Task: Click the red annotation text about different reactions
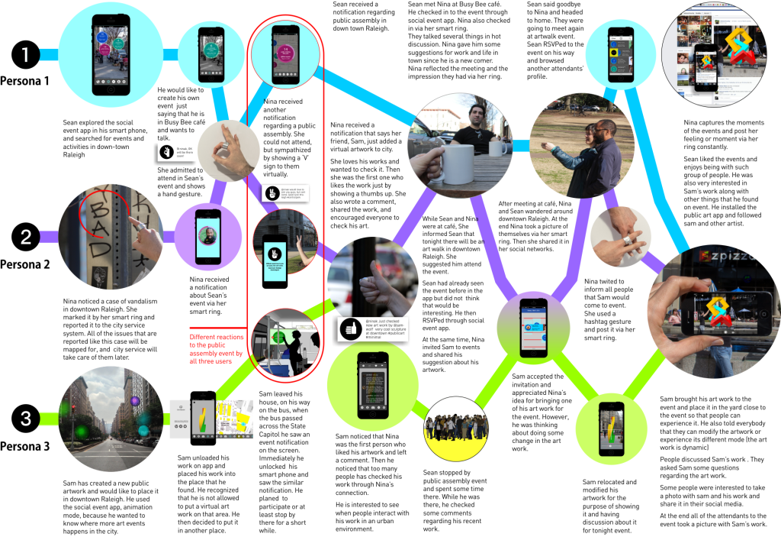coord(216,348)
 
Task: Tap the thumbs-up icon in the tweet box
coord(350,329)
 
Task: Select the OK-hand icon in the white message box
coord(165,153)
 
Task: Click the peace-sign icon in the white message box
coord(272,193)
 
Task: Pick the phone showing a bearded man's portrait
coord(207,236)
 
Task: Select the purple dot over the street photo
coord(135,401)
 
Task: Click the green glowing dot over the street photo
coord(81,432)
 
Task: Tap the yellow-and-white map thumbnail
coord(234,419)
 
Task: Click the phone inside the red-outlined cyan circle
coord(284,53)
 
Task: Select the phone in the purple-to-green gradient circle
coord(533,328)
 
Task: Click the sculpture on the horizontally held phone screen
coord(718,310)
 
